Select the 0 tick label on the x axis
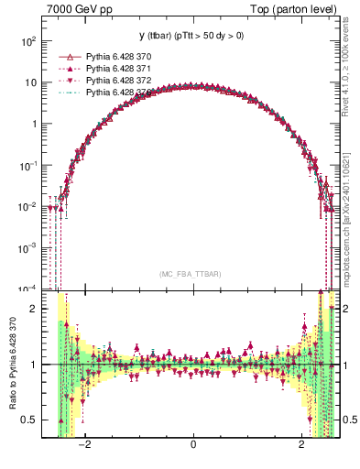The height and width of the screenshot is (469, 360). (x=193, y=445)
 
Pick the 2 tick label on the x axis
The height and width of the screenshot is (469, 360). (x=302, y=445)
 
